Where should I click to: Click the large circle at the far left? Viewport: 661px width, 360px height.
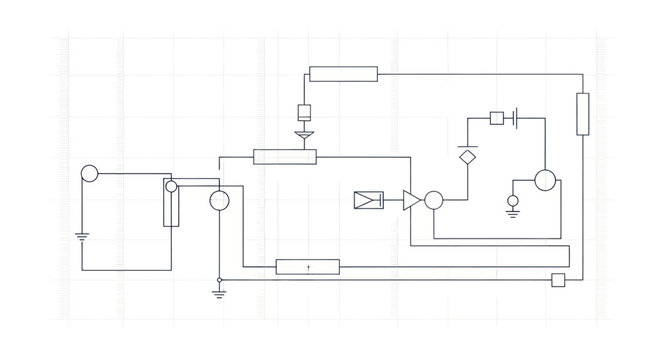89,173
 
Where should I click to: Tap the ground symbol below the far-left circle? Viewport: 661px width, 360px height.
82,238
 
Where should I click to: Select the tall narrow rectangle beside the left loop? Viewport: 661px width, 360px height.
171,203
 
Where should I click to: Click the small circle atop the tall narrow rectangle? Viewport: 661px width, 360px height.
171,186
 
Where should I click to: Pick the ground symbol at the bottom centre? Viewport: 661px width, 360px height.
219,292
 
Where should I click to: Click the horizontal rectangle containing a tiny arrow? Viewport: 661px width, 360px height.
307,266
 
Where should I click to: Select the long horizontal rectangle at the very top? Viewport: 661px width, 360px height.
343,73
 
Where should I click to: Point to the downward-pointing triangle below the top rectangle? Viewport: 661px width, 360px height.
306,133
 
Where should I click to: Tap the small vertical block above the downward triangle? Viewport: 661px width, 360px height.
306,112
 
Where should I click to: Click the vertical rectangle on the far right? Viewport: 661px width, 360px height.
583,113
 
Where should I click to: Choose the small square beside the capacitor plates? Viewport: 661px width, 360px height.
496,118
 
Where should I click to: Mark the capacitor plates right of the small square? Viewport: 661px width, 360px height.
513,118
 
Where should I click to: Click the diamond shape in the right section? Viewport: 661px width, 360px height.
467,156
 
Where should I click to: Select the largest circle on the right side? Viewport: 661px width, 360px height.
544,181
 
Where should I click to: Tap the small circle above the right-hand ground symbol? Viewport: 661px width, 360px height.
513,202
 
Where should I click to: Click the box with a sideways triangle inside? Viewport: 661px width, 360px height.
368,200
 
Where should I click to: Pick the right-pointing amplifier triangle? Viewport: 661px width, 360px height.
411,200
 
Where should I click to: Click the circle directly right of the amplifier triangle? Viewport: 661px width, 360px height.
433,200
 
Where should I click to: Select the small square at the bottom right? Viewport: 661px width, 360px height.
558,280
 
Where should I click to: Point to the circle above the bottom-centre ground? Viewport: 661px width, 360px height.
219,201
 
